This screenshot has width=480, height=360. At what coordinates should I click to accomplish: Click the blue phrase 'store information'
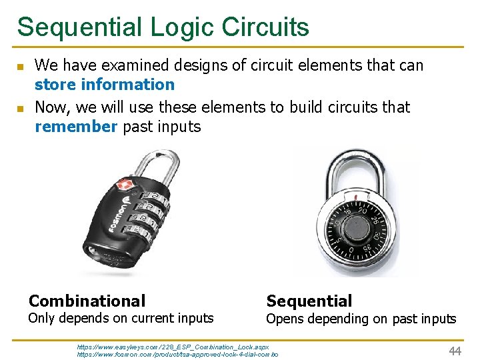[104, 85]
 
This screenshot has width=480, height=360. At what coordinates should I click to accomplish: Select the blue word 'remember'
[76, 127]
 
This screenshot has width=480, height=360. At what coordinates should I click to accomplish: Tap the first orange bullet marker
[20, 67]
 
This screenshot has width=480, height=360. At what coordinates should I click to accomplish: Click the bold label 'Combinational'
[87, 301]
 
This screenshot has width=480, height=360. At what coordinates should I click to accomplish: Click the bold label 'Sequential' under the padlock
[309, 301]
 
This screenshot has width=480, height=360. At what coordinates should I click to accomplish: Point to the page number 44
[455, 351]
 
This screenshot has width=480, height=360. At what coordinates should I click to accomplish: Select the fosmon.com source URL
[177, 355]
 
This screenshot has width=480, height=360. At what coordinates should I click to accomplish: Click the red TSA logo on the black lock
[125, 185]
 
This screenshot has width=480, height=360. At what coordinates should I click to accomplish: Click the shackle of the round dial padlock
[360, 167]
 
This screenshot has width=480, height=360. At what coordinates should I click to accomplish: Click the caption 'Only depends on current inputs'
[121, 319]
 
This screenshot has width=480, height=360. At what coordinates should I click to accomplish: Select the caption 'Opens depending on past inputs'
[361, 319]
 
